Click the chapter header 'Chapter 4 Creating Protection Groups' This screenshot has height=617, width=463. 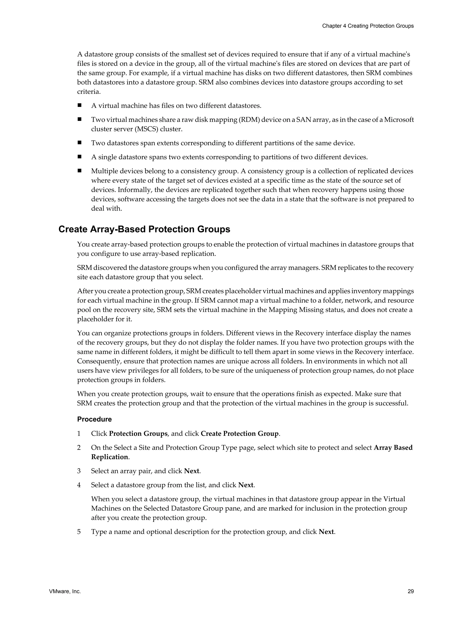368,26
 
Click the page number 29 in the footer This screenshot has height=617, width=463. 410,591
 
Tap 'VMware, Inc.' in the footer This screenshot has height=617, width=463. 65,591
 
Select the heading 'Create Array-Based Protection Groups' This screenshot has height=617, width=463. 144,229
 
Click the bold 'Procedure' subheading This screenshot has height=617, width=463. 94,419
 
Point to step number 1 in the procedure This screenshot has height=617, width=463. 79,434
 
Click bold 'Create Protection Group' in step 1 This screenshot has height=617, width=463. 239,434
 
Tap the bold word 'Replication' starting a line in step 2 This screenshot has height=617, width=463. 109,457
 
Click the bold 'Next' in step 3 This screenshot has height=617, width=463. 191,471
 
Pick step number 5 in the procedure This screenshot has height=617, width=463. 79,532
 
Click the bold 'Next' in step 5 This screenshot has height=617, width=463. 326,532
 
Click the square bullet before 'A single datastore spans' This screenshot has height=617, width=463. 80,157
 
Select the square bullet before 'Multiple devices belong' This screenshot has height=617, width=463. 80,171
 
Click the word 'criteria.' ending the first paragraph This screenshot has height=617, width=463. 89,92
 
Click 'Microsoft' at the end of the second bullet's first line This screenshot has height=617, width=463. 399,120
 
